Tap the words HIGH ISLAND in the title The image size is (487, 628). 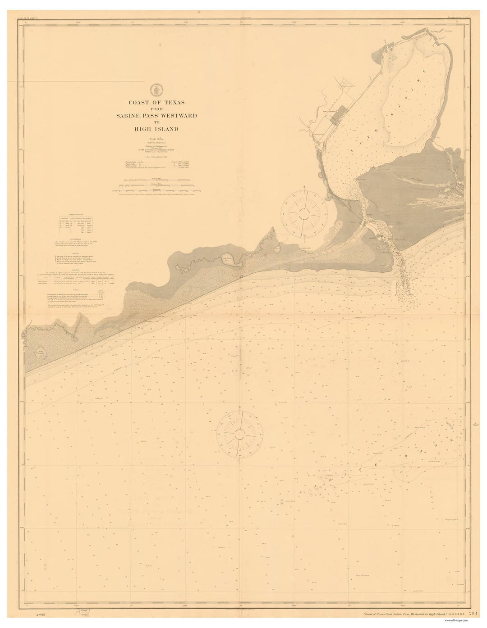click(x=156, y=129)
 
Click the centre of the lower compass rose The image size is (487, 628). click(x=240, y=434)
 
